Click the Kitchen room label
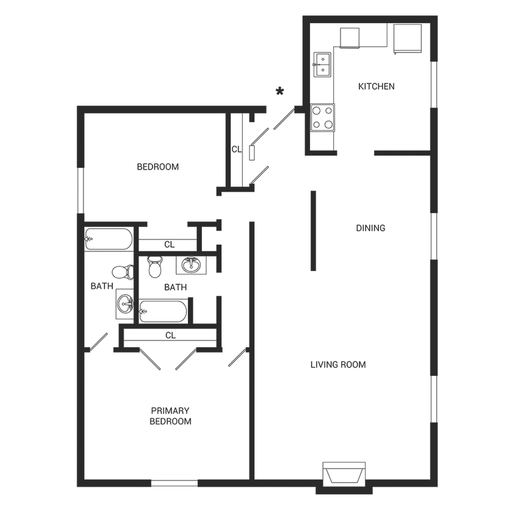pyautogui.click(x=376, y=87)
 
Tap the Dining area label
pyautogui.click(x=371, y=229)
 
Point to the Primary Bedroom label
pyautogui.click(x=171, y=415)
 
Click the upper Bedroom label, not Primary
pyautogui.click(x=157, y=167)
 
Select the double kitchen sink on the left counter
pyautogui.click(x=322, y=64)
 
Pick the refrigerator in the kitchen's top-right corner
pyautogui.click(x=408, y=38)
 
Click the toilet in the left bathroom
pyautogui.click(x=121, y=270)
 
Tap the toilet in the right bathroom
pyautogui.click(x=154, y=267)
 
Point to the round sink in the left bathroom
pyautogui.click(x=124, y=304)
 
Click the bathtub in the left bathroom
pyautogui.click(x=109, y=239)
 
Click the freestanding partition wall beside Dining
pyautogui.click(x=313, y=230)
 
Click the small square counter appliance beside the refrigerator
pyautogui.click(x=349, y=37)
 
